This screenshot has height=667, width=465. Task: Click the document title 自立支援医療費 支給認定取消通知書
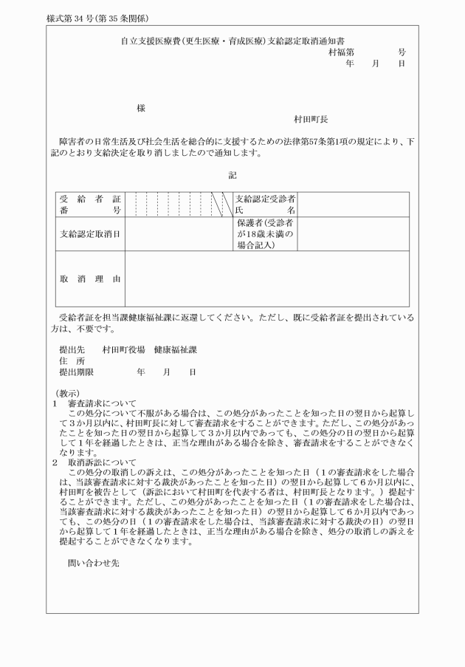233,43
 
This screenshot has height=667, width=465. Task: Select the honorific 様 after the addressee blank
141,108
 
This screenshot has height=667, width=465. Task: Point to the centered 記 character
232,175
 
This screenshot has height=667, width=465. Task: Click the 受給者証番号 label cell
90,205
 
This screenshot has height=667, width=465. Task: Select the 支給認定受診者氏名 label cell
266,205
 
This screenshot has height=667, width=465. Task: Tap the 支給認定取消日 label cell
90,235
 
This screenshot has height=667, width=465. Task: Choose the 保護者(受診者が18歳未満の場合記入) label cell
266,234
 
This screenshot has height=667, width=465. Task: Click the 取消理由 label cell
90,279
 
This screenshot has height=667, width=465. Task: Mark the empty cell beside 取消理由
266,279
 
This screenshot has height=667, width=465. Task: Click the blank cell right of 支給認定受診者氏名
353,205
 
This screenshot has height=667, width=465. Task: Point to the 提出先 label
72,349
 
